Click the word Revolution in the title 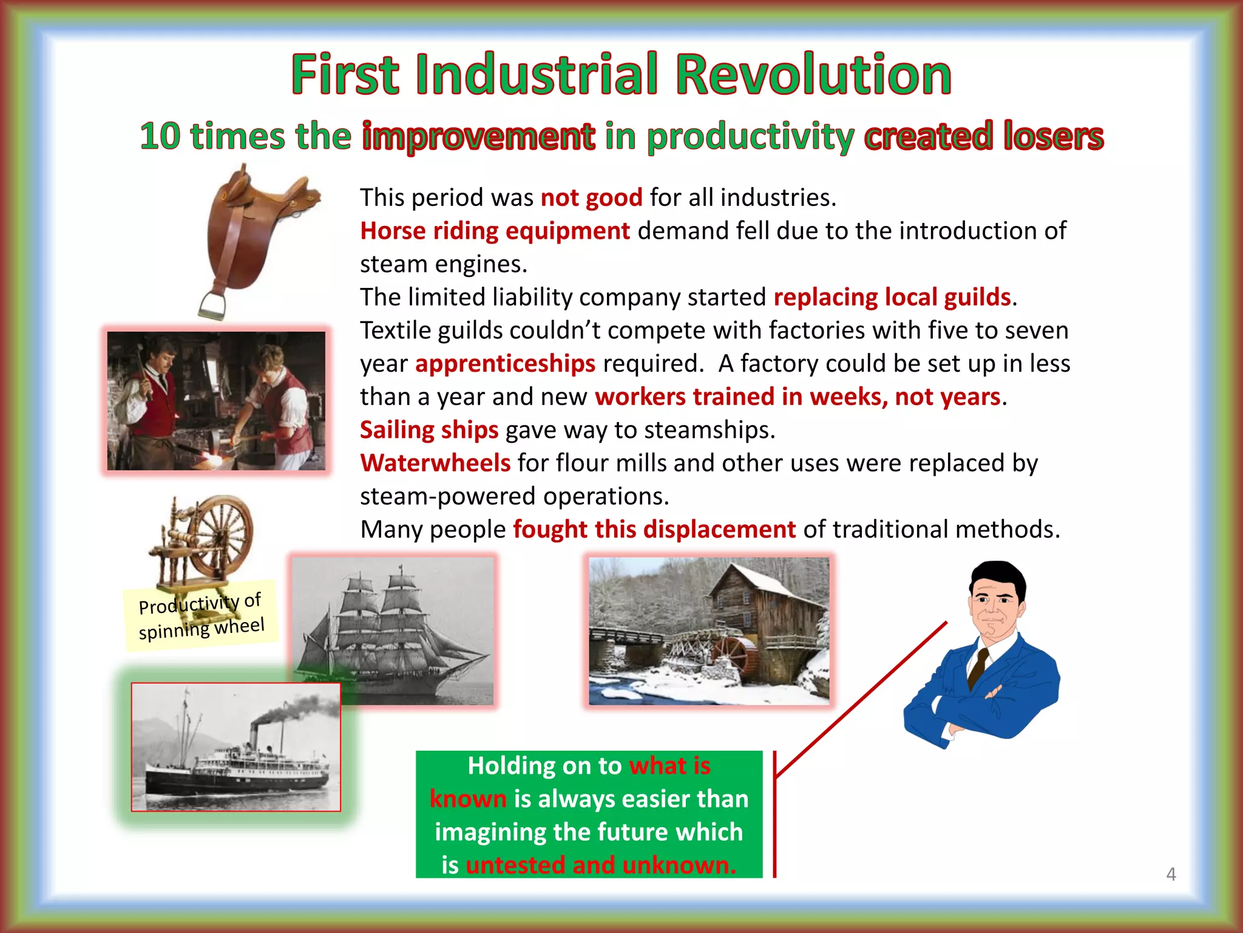(813, 75)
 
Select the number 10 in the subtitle (160, 136)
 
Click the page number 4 (1171, 874)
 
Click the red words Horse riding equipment (495, 231)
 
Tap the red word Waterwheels (435, 463)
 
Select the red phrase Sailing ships (428, 430)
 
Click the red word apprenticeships (505, 364)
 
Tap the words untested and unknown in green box (601, 865)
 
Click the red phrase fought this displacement (654, 530)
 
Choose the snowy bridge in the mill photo (625, 638)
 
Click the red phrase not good (591, 198)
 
